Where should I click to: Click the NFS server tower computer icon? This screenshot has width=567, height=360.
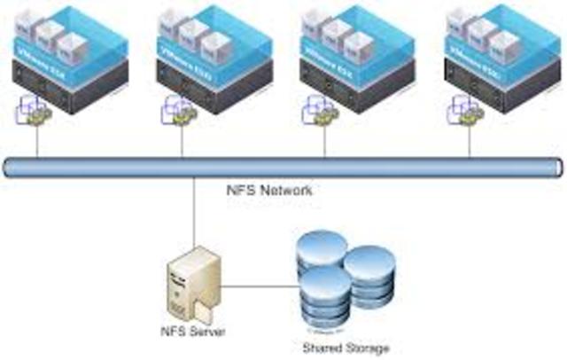point(192,286)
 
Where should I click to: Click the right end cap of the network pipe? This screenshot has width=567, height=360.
point(555,166)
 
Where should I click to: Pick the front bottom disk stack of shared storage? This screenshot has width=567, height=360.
point(326,300)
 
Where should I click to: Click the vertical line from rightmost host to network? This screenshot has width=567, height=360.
point(470,142)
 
